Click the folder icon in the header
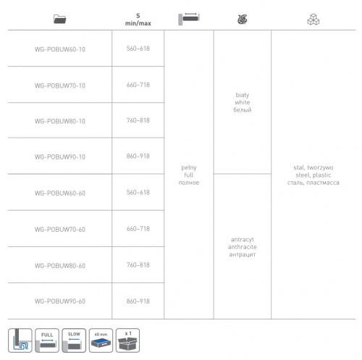[x=60, y=19]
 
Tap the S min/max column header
[x=138, y=20]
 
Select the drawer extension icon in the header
[x=189, y=19]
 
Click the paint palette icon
[x=243, y=20]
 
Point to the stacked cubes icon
[x=313, y=20]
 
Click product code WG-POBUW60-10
[x=60, y=49]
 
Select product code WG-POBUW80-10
[x=60, y=121]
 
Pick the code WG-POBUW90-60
[x=60, y=301]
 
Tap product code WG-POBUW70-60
[x=60, y=229]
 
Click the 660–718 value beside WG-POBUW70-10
[x=138, y=85]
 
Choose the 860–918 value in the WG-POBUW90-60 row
[x=138, y=301]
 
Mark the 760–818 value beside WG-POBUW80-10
[x=138, y=120]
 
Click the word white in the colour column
[x=243, y=102]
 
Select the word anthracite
[x=243, y=247]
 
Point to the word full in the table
[x=189, y=175]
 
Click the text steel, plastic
[x=313, y=175]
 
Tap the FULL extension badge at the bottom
[x=47, y=340]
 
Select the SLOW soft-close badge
[x=74, y=340]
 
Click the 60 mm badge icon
[x=101, y=340]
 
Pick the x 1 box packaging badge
[x=127, y=340]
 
